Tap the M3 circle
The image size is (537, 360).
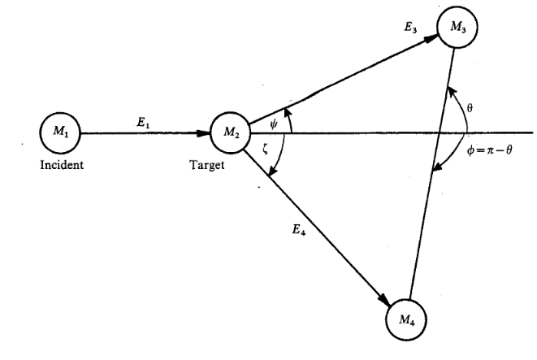(x=457, y=30)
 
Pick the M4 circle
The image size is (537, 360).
(x=405, y=314)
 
